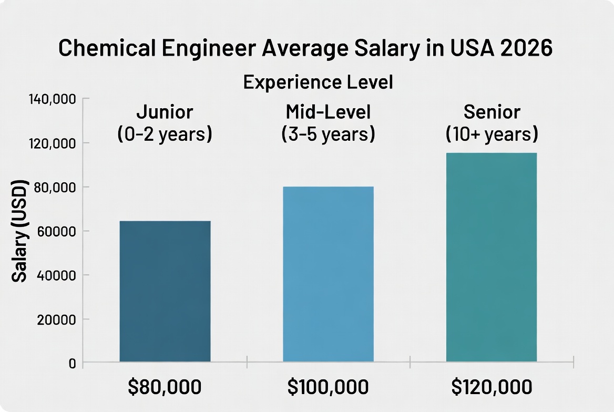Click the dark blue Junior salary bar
pos(165,291)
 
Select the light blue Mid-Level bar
pos(328,274)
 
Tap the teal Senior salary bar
pos(491,257)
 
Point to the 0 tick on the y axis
pos(72,363)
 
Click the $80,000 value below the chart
pos(165,387)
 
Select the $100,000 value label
pos(328,387)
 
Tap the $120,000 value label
pos(492,387)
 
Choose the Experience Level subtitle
pos(318,83)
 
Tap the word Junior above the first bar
pos(165,112)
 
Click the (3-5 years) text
pos(328,134)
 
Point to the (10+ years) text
pos(492,134)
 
